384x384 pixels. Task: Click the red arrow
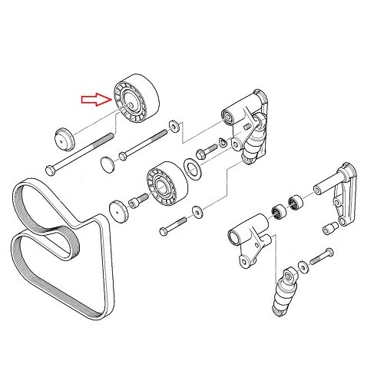pyautogui.click(x=96, y=98)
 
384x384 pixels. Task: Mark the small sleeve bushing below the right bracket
pyautogui.click(x=327, y=227)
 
